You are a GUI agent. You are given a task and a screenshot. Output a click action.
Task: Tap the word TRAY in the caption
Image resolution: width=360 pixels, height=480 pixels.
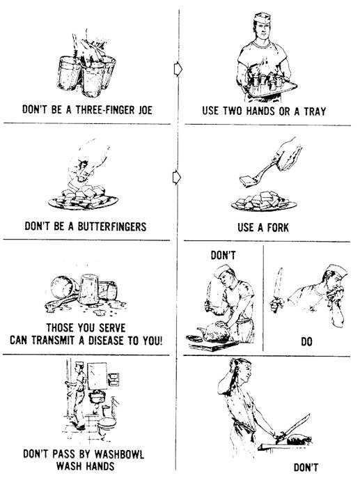[x=315, y=111]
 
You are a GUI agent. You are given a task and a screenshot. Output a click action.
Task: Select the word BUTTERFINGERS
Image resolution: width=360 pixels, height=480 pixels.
[x=112, y=226]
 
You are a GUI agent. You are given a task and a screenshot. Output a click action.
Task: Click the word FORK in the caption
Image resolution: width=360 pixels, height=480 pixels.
[x=278, y=227]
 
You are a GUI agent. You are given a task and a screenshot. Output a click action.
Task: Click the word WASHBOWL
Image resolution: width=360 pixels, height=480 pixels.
[x=119, y=454]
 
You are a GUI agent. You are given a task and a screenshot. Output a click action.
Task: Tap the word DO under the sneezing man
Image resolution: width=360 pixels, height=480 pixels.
[x=306, y=341]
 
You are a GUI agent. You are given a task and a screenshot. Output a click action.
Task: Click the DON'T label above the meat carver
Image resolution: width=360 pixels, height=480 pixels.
[x=223, y=255]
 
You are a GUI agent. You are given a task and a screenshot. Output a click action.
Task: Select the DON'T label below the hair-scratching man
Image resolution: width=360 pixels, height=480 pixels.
[x=306, y=467]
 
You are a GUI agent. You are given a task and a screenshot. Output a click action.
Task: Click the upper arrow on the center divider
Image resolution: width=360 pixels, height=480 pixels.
[x=178, y=69]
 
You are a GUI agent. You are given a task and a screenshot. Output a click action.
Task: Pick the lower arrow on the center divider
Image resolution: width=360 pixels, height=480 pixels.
[x=177, y=178]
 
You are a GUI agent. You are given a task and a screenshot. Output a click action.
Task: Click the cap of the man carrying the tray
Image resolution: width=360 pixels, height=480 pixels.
[x=262, y=17]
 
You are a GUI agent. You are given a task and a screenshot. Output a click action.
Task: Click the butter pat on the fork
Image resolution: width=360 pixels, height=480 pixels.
[x=248, y=181]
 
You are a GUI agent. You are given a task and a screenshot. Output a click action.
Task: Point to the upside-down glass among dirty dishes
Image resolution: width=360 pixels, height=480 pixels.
[x=88, y=289]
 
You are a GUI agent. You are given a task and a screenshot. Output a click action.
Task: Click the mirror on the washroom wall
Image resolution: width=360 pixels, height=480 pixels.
[x=97, y=376]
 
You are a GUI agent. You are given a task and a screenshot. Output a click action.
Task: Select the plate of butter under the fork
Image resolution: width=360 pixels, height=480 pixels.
[x=264, y=202]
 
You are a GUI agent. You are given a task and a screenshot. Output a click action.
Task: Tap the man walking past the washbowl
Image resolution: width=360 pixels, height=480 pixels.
[x=78, y=395]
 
